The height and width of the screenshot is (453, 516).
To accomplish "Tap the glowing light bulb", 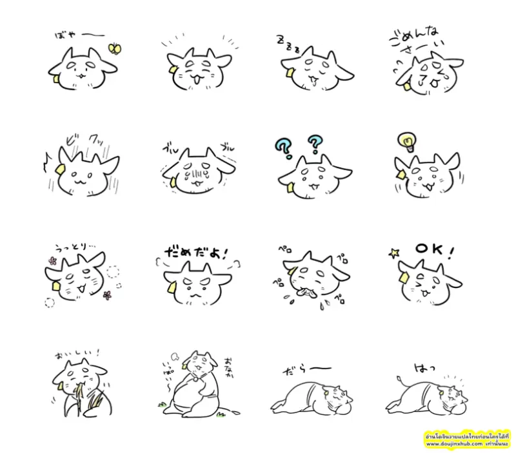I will click(408, 140).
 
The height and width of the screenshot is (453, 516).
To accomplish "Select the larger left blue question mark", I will click(284, 146).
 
